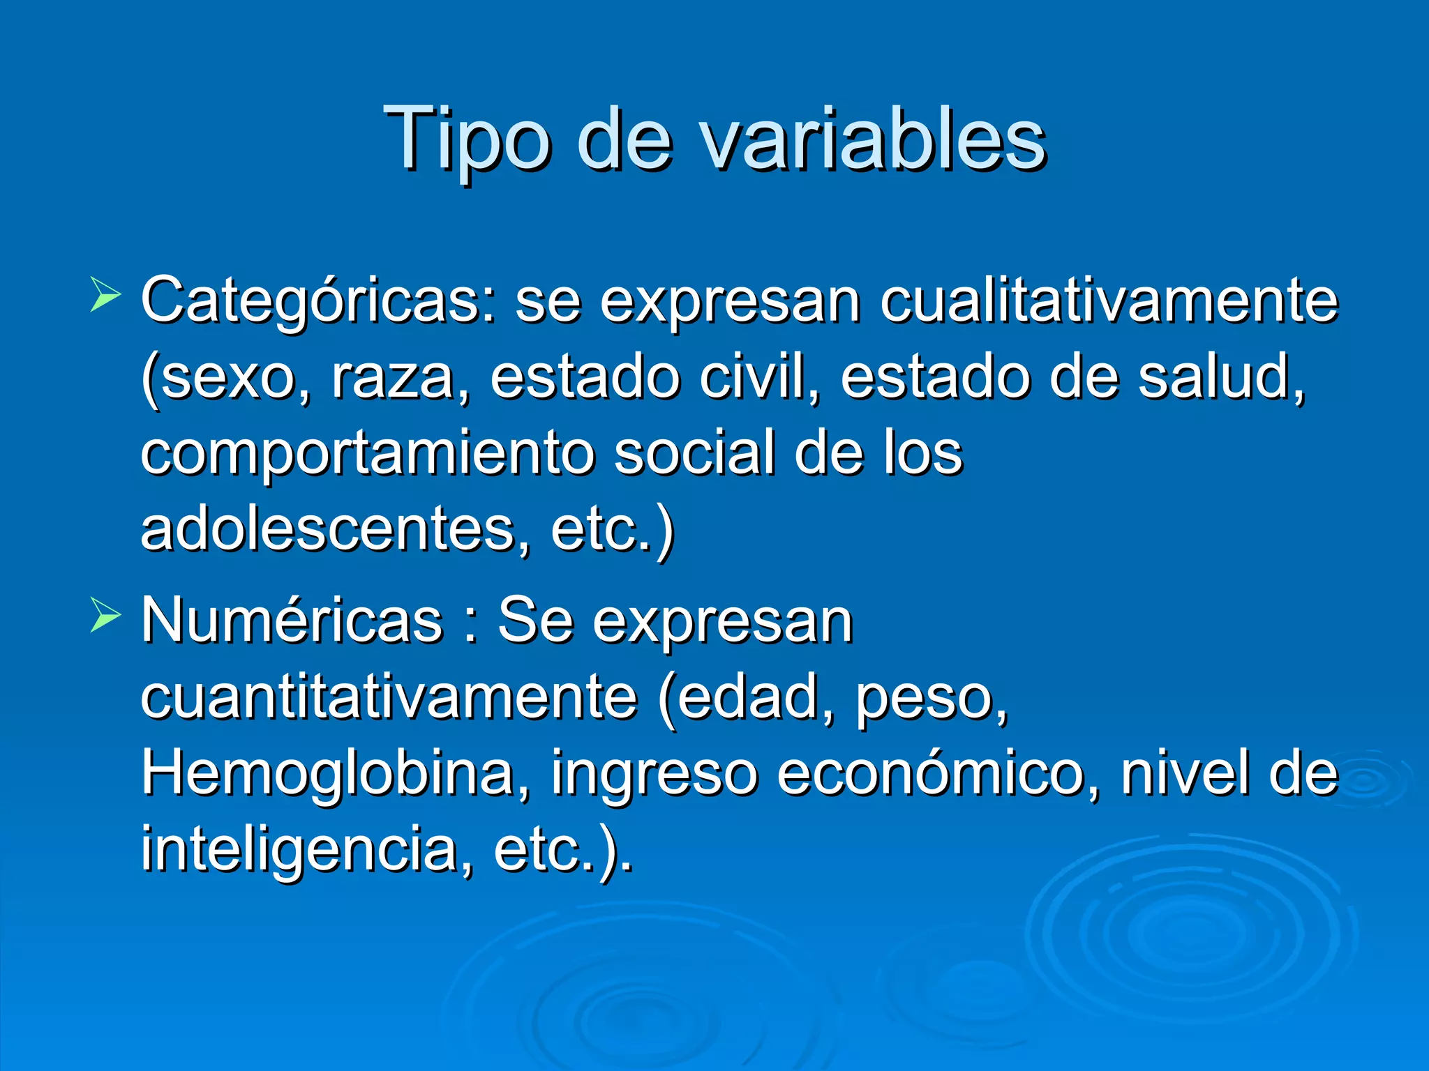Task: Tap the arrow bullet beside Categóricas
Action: (105, 295)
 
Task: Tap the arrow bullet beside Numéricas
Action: (105, 616)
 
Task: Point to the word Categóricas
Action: (318, 301)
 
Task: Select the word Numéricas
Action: (292, 621)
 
